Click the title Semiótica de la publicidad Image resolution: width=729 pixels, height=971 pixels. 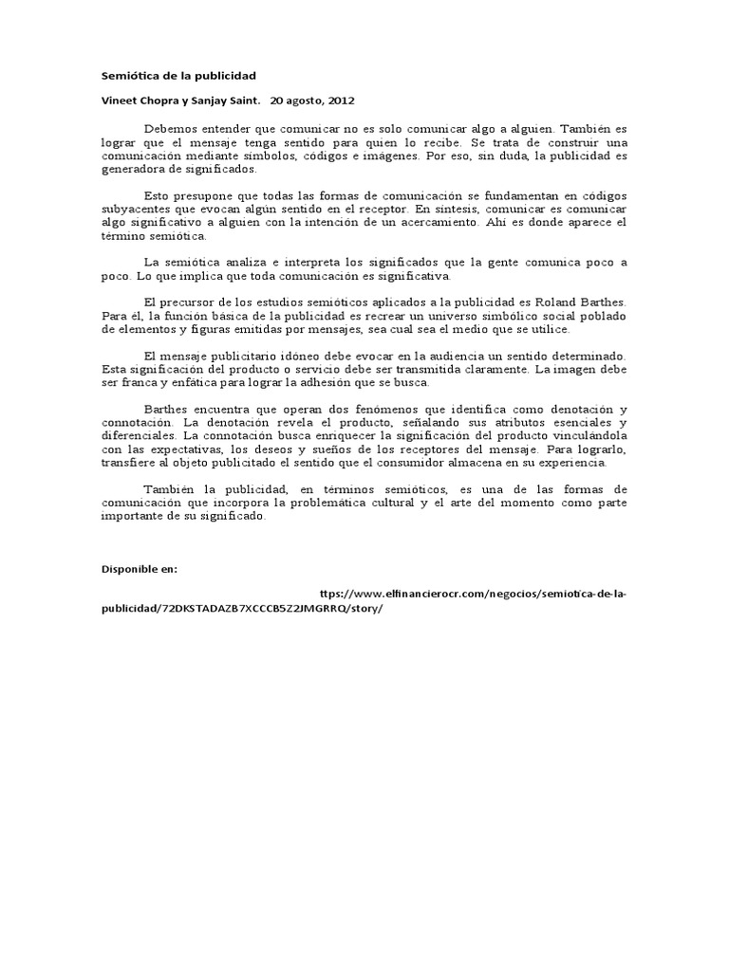click(x=178, y=75)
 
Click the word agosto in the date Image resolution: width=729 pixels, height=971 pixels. click(x=304, y=99)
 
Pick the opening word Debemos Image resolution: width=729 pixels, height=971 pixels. click(x=169, y=128)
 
